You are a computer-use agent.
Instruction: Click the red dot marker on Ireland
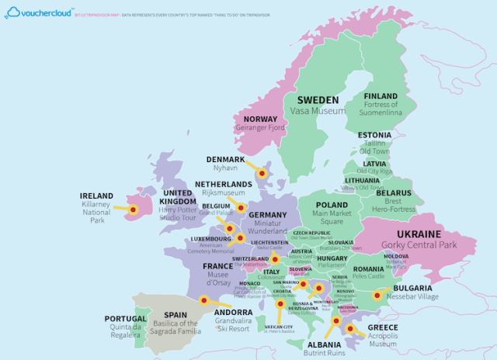(x=134, y=209)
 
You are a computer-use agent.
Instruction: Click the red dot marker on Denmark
(x=262, y=174)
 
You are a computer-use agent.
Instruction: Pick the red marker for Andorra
(x=203, y=300)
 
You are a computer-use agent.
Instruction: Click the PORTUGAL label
(x=125, y=319)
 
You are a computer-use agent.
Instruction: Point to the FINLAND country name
(x=381, y=96)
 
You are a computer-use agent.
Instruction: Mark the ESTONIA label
(x=375, y=135)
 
